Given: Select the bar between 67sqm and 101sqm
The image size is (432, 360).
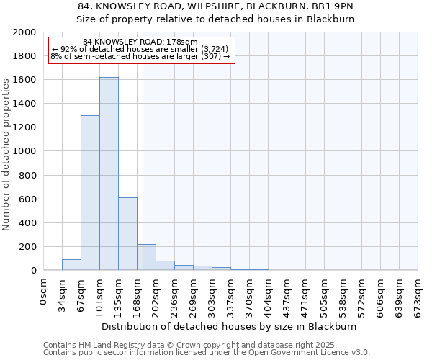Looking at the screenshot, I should (x=90, y=192).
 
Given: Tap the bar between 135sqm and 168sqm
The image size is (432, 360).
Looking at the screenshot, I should (x=127, y=233).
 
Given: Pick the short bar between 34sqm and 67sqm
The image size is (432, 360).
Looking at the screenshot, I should (x=71, y=264).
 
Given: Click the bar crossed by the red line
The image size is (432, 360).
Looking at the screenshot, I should (x=146, y=257).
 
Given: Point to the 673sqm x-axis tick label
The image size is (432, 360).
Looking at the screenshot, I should (x=418, y=295).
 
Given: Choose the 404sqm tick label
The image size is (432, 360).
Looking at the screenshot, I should (x=269, y=295).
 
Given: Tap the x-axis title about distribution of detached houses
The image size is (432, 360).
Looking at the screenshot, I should (x=229, y=326).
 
